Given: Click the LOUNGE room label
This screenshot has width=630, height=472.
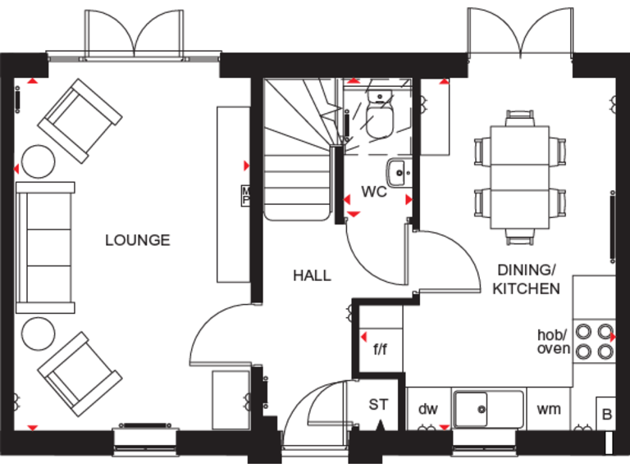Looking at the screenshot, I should [x=138, y=240].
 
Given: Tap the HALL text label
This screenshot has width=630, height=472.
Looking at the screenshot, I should [x=312, y=275].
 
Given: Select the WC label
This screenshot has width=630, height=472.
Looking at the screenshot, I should [x=374, y=193].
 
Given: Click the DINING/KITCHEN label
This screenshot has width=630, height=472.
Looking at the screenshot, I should [x=526, y=279].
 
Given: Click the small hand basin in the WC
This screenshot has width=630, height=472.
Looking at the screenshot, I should [x=398, y=173].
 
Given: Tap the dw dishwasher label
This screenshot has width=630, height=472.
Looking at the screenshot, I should [x=428, y=407].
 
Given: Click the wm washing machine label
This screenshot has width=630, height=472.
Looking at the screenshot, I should [x=549, y=407].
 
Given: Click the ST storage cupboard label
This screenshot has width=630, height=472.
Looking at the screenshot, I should [x=378, y=404].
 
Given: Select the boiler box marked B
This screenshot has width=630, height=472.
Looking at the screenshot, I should [x=606, y=413].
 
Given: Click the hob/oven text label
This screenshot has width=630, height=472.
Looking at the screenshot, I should [x=552, y=342].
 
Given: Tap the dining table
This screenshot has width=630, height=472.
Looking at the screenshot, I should [x=520, y=177].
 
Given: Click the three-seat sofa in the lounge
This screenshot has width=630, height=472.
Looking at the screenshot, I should [x=46, y=247].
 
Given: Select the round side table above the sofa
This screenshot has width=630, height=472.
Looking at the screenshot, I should [x=38, y=161].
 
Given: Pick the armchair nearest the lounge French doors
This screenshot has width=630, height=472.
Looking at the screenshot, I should [x=80, y=120].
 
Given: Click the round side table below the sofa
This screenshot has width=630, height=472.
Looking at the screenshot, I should [x=38, y=335].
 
